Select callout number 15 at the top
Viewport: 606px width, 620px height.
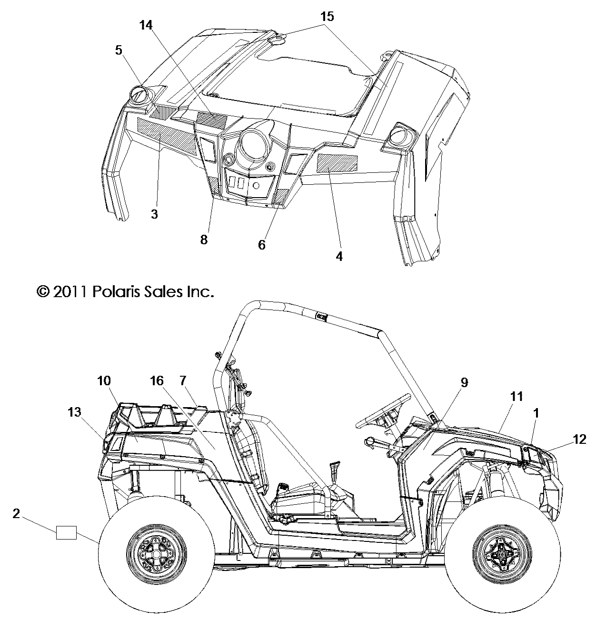coord(327,17)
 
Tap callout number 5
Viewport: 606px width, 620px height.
coord(119,50)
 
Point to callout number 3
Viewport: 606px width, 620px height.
coord(154,214)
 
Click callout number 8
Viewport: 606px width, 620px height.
coord(204,240)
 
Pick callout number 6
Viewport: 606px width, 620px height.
coord(262,245)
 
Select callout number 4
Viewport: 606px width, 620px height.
coord(339,256)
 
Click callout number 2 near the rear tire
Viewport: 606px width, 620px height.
coord(16,513)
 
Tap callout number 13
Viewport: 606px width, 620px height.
coord(74,411)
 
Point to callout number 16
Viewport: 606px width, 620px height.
coord(157,381)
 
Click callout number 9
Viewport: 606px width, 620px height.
coord(464,382)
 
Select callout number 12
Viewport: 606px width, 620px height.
coord(579,439)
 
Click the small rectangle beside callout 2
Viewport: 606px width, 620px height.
coord(66,532)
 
